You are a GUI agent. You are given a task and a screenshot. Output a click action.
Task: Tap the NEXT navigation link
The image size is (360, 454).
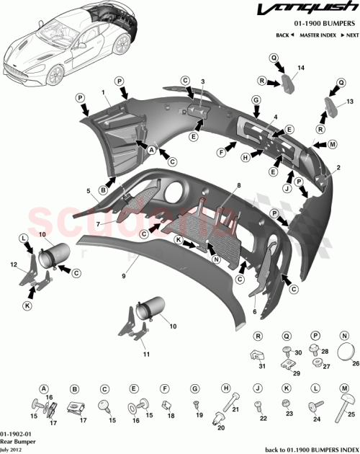coord(351,35)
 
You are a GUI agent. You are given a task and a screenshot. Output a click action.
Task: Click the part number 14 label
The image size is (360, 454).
coord(302,68)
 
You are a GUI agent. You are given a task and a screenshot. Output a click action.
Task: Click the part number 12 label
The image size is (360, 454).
coord(13,264)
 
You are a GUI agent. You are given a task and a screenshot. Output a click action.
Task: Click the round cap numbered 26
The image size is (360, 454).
coord(347,350)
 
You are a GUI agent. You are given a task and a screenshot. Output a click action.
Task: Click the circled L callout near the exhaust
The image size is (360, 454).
coord(24,238)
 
